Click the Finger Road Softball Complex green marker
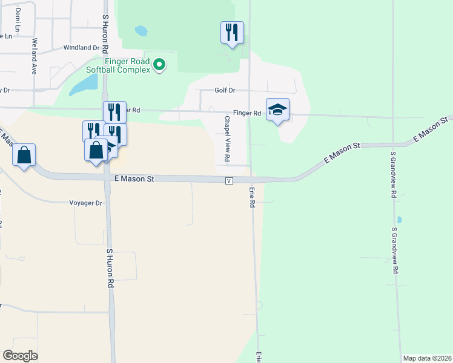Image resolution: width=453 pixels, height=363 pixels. (159, 64)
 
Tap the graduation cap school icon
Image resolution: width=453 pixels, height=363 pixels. (277, 110)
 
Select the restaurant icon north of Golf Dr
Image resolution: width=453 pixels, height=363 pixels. (232, 32)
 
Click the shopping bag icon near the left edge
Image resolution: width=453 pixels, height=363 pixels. (24, 155)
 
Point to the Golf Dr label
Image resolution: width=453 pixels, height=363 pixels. (224, 90)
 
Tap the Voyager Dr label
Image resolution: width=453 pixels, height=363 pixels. (86, 203)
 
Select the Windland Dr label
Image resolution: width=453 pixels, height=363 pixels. (81, 47)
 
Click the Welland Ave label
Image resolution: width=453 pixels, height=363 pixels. (35, 56)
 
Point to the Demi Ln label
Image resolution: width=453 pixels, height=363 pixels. (18, 20)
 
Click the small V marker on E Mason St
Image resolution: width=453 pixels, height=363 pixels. (229, 181)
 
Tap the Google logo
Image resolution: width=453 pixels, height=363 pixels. (21, 355)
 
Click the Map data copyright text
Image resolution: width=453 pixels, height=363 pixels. (426, 358)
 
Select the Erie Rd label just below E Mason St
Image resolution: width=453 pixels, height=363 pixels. (252, 197)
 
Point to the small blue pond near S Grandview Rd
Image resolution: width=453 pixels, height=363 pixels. (398, 220)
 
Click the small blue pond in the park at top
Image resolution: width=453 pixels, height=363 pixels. (141, 30)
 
